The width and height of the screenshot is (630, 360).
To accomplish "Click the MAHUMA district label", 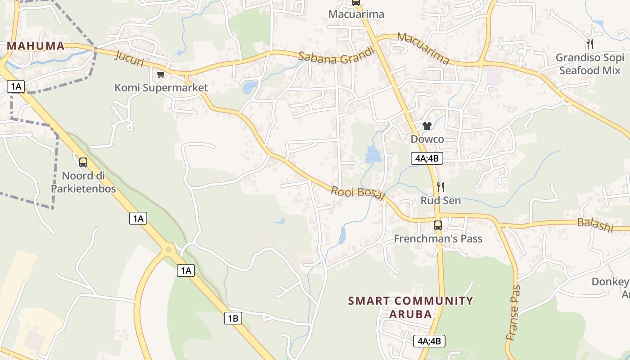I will pyautogui.click(x=36, y=46).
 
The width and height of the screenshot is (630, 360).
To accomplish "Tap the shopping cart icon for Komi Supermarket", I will pyautogui.click(x=161, y=74).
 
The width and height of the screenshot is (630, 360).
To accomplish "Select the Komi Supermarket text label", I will pyautogui.click(x=161, y=88).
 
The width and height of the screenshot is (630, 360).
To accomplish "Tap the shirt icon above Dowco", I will pyautogui.click(x=427, y=126).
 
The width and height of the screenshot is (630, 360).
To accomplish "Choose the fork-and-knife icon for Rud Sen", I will pyautogui.click(x=441, y=187).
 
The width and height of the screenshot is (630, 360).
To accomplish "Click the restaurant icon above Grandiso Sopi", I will pyautogui.click(x=590, y=44).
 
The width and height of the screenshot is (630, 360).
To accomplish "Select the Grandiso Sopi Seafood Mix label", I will pyautogui.click(x=590, y=64).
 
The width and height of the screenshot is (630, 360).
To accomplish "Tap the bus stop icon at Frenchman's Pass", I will pyautogui.click(x=438, y=225).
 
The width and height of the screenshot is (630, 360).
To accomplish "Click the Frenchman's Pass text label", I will pyautogui.click(x=438, y=238).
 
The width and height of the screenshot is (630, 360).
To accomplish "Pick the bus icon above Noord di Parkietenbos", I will pyautogui.click(x=83, y=162).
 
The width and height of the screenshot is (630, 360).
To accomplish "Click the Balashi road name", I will pyautogui.click(x=595, y=225).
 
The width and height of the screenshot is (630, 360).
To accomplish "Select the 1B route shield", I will pyautogui.click(x=233, y=318).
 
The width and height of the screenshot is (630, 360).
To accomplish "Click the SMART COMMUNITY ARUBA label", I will pyautogui.click(x=410, y=307).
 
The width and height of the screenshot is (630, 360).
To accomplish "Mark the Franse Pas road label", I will pyautogui.click(x=513, y=312).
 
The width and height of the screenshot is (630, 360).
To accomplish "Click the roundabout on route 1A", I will pyautogui.click(x=169, y=249).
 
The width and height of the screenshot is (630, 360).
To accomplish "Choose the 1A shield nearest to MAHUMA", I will pyautogui.click(x=16, y=86).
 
